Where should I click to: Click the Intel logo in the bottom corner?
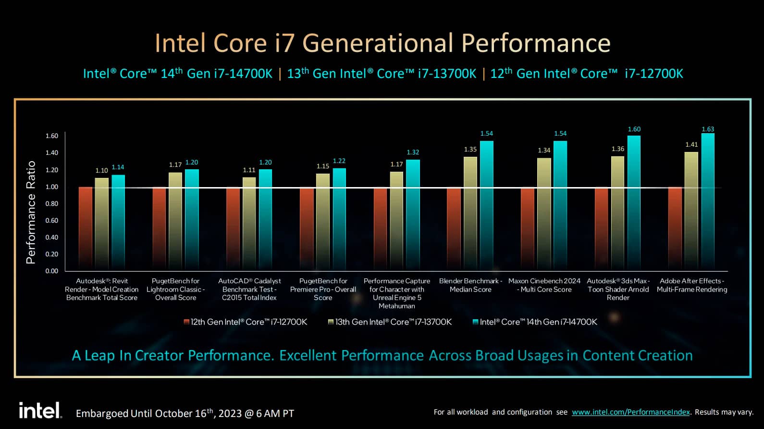point(40,410)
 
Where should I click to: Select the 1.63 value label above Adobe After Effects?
point(708,129)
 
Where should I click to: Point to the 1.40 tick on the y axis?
point(52,153)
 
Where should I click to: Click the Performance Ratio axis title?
point(31,212)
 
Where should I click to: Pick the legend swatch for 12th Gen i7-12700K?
point(186,322)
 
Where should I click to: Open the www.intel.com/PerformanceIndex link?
point(630,412)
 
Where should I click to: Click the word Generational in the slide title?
point(377,43)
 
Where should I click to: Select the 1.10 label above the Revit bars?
point(101,171)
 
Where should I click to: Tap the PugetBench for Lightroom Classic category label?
point(175,289)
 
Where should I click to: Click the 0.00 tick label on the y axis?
point(52,271)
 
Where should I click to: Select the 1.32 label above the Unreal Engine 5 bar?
point(413,152)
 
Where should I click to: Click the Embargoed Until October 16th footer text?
point(185,414)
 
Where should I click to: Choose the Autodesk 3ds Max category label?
point(618,289)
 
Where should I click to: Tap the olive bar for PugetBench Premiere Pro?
point(323,222)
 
